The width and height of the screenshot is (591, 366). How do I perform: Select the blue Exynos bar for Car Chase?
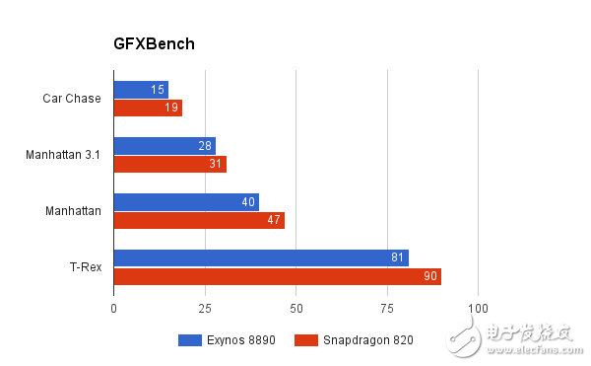pos(141,89)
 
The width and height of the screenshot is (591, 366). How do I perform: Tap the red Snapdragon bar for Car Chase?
pos(148,108)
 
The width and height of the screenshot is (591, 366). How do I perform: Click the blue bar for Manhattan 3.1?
pos(164,145)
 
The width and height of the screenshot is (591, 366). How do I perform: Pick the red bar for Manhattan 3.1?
pos(170,164)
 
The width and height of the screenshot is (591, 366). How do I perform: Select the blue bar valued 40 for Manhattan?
pos(186,202)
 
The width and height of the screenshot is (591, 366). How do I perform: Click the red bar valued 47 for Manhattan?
pos(199,220)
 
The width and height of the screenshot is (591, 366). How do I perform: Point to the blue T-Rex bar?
pos(261,258)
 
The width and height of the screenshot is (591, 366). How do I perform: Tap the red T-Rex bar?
pos(278,276)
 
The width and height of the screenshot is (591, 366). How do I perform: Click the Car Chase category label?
pos(72,98)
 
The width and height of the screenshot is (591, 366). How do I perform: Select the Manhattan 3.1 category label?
pos(63,155)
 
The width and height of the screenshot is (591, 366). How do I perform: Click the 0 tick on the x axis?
pos(114,309)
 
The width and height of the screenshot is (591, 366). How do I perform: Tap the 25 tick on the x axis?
pos(205,309)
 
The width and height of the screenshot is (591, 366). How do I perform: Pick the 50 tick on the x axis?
pos(296,309)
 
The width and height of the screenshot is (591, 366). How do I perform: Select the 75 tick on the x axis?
pos(387,309)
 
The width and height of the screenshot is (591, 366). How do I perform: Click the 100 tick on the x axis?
pos(478,309)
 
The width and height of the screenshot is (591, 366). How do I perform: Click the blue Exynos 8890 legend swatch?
pos(189,340)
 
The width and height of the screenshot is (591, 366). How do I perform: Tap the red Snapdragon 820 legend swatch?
pos(306,340)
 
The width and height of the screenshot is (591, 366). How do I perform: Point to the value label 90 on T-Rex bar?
pos(430,276)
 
